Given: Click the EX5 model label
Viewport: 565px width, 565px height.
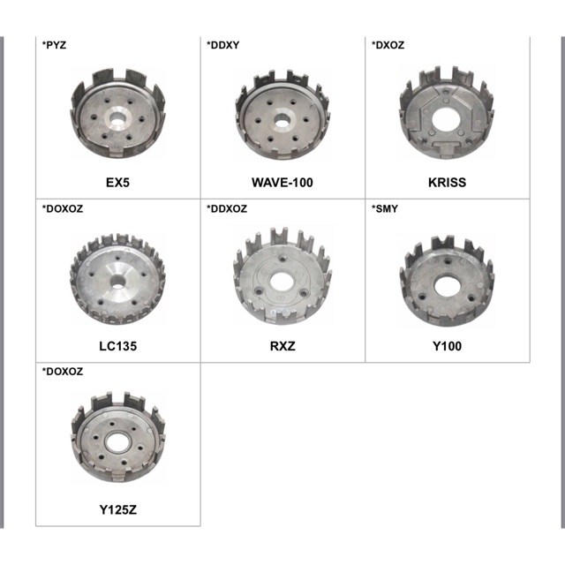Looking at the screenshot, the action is tap(117, 183).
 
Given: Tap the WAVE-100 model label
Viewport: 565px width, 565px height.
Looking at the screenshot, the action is tap(282, 183).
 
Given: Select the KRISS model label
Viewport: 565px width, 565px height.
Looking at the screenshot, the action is tap(447, 183).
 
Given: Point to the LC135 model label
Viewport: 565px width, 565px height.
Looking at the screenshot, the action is tap(117, 346).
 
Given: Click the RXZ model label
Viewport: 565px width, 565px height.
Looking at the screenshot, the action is tap(282, 346).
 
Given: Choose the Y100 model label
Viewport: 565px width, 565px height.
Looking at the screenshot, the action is tap(447, 346).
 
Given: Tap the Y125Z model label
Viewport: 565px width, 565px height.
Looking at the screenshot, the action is tap(117, 510).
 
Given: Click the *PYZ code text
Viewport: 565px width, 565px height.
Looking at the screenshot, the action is tap(54, 45).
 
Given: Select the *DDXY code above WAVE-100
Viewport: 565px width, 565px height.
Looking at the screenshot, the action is tap(222, 45).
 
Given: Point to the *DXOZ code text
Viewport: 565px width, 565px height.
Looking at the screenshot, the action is tap(388, 45).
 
